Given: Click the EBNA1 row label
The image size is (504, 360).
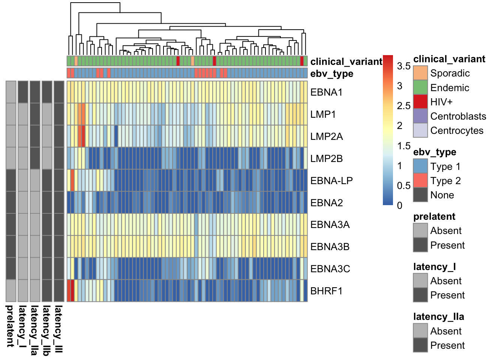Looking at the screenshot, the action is click(326, 92).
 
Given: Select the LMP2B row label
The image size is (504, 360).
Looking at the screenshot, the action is click(327, 159).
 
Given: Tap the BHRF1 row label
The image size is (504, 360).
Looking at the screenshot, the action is click(327, 291).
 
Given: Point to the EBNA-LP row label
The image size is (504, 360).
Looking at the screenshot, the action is click(331, 181).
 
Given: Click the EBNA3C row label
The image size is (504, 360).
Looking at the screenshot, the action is click(330, 269).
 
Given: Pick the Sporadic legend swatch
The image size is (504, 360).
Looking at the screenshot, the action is click(420, 73).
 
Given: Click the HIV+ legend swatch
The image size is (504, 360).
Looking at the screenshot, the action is click(420, 102).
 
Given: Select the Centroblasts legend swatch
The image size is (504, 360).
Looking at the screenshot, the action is click(420, 116).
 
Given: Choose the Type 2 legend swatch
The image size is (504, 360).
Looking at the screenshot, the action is click(420, 180).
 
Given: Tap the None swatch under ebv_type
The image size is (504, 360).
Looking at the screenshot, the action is click(420, 195).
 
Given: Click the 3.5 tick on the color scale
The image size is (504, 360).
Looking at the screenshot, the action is click(403, 66).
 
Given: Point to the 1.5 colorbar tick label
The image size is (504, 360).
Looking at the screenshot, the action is click(403, 146).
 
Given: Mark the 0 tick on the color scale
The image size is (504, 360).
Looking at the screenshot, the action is click(400, 205).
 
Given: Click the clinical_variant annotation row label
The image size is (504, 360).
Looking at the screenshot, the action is click(346, 61).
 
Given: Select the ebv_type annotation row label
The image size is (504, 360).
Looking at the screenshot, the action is click(331, 74).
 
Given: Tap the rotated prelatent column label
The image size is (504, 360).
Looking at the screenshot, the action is click(10, 326).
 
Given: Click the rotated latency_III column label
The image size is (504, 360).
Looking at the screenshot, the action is click(58, 329).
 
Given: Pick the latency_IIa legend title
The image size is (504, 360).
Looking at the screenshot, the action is click(438, 317).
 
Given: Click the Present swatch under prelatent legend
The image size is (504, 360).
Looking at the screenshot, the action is click(420, 245).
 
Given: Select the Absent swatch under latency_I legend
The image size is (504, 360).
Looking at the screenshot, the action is click(420, 280).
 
